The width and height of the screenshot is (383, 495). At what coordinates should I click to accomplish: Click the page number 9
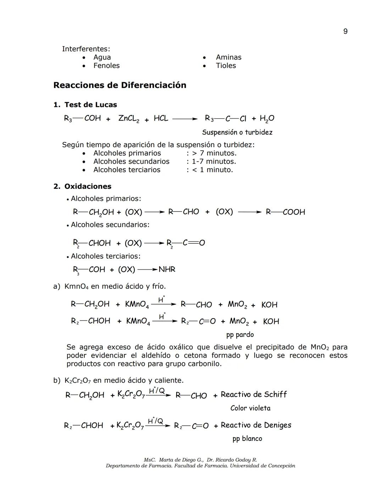(345, 32)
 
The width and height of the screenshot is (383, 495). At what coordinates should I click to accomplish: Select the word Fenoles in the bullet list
(106, 66)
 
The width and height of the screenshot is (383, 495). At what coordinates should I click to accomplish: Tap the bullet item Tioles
(226, 66)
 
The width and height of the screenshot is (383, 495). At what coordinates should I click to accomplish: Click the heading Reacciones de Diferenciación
(120, 85)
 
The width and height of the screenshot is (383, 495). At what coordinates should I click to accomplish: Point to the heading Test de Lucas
(90, 105)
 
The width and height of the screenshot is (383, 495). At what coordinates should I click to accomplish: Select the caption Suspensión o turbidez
(237, 133)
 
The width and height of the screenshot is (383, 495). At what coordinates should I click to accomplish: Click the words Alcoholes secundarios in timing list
(131, 162)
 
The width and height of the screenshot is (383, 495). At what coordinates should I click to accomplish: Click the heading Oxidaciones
(88, 186)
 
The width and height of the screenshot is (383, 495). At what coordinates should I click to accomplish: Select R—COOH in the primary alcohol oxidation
(285, 212)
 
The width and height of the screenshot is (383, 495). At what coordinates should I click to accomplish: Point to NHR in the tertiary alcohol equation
(167, 270)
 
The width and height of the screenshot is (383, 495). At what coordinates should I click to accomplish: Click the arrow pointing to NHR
(147, 270)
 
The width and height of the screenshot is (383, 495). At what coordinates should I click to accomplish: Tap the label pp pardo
(240, 335)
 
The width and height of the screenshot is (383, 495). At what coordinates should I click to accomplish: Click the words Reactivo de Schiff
(254, 395)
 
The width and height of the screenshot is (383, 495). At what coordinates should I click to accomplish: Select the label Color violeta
(250, 408)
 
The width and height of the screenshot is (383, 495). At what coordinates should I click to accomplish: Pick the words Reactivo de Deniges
(256, 425)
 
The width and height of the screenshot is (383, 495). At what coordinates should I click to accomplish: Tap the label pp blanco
(247, 439)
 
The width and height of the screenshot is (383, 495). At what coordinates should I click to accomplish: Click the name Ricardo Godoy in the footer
(234, 460)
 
